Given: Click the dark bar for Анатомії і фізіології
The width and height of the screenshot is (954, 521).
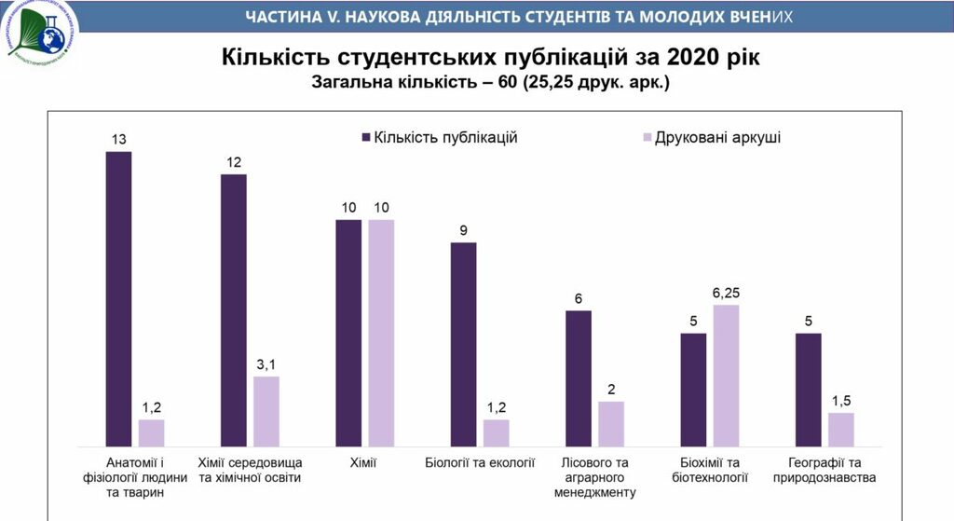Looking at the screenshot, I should click(x=118, y=298).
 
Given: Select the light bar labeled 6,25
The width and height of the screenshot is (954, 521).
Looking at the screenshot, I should click(x=726, y=376).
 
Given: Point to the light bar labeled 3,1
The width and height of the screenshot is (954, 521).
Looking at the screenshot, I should click(x=266, y=411).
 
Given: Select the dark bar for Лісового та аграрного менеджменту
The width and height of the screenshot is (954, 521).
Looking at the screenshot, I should click(x=578, y=378).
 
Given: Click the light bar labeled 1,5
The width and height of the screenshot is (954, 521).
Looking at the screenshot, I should click(x=840, y=430).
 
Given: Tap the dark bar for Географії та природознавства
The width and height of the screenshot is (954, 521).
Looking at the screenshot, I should click(x=808, y=390).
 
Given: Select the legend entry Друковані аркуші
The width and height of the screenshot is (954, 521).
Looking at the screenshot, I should click(x=716, y=137).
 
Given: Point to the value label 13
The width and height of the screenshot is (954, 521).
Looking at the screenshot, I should click(x=118, y=140).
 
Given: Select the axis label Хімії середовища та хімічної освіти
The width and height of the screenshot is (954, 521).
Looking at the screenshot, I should click(x=252, y=470).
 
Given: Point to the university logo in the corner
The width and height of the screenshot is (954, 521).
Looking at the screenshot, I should click(x=42, y=37).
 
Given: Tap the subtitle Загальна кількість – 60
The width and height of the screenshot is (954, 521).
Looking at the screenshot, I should click(x=416, y=83).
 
